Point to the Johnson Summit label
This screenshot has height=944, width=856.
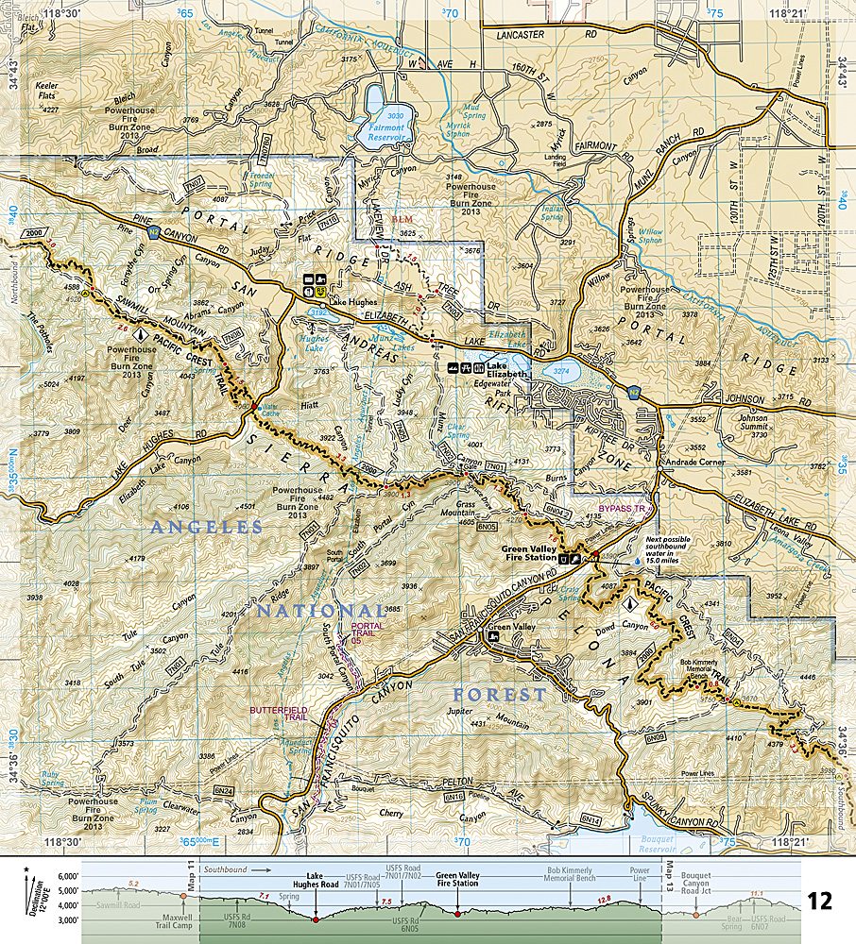coord(753,422)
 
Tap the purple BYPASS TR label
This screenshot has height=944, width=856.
coord(621,508)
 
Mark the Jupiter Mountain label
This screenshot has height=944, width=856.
coord(488,717)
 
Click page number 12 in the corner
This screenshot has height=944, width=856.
coord(819,901)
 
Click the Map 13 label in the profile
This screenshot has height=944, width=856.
coord(672,883)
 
